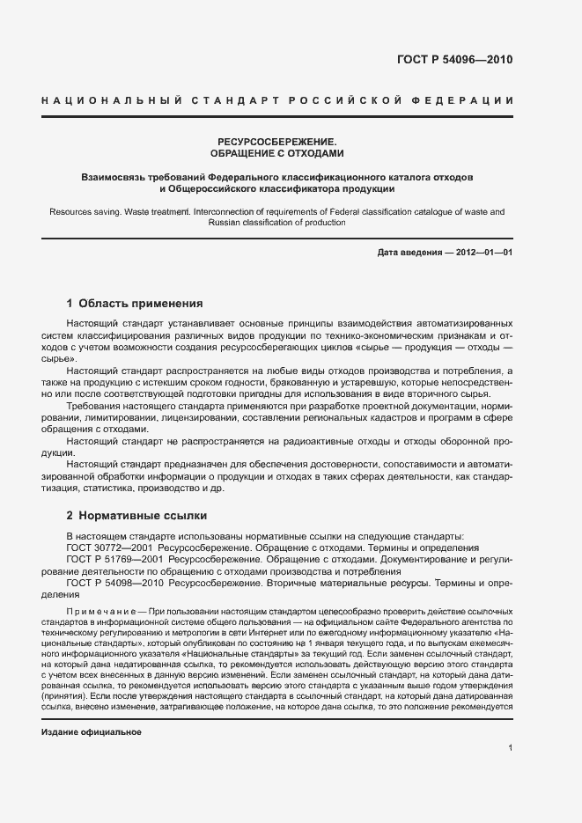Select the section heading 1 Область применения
[135, 304]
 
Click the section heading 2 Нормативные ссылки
[136, 515]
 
